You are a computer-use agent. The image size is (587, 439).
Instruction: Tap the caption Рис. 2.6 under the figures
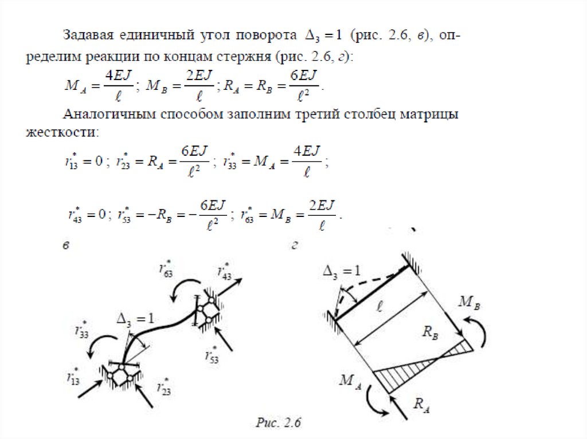tap(279, 424)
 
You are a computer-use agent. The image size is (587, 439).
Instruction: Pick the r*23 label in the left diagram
tap(165, 386)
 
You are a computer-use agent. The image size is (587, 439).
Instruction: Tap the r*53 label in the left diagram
tap(212, 354)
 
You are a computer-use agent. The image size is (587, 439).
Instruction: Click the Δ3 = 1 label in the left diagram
tap(135, 319)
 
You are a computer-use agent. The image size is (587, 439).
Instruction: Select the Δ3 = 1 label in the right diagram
tap(342, 271)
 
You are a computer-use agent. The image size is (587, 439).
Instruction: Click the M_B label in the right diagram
tap(469, 303)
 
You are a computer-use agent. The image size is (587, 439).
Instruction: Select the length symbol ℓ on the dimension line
tap(379, 308)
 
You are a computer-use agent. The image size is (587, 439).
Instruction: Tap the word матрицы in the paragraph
tap(431, 114)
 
